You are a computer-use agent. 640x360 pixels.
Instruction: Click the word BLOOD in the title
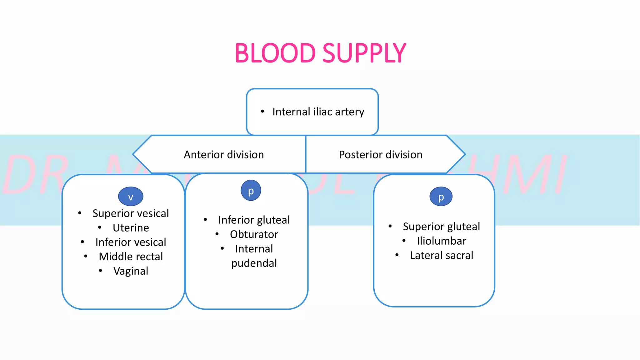click(275, 53)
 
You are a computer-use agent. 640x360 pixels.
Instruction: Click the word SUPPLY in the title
click(364, 53)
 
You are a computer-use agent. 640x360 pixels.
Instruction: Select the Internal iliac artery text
click(318, 112)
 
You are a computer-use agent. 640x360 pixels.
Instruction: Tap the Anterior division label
click(224, 155)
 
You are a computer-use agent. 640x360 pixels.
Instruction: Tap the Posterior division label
click(381, 155)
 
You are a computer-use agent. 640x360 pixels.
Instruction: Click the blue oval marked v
click(131, 197)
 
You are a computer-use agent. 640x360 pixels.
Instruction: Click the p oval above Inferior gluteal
click(251, 191)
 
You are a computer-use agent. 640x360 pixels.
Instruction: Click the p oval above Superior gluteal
click(441, 197)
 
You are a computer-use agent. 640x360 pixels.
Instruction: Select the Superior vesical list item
click(131, 213)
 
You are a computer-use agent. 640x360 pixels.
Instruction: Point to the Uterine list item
click(131, 228)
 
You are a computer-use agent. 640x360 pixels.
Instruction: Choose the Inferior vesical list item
click(131, 242)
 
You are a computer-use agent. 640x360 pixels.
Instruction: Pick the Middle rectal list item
click(131, 257)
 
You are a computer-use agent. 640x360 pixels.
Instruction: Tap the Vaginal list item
click(131, 271)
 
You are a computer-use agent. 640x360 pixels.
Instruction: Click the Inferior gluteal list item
click(254, 220)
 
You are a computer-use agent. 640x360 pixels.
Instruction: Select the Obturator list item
click(254, 234)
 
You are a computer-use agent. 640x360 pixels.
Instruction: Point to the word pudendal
click(254, 263)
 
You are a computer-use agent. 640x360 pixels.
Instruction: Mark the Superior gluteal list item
click(441, 227)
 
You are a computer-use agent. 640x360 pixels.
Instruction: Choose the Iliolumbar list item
click(441, 241)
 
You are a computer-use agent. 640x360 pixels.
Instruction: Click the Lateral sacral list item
click(441, 255)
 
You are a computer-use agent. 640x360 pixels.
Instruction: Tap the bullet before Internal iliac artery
click(262, 111)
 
